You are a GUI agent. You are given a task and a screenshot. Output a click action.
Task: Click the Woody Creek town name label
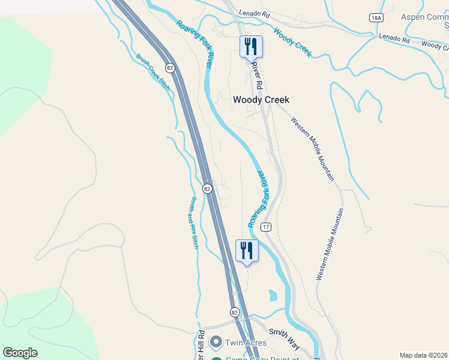(x=261, y=100)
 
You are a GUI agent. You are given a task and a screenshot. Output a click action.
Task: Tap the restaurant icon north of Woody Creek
(x=251, y=47)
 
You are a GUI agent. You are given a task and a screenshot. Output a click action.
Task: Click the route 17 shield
(x=266, y=227)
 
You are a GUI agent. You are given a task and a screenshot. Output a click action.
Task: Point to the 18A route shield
(x=376, y=18)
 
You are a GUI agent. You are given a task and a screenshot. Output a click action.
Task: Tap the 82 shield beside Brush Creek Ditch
(x=170, y=68)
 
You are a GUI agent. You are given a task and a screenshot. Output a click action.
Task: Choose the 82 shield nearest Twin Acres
(x=234, y=312)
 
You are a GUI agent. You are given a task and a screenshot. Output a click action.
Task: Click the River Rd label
(x=257, y=74)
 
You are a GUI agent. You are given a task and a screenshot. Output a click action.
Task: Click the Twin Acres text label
(x=246, y=343)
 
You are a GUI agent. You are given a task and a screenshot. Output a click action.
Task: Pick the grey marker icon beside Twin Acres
(x=216, y=343)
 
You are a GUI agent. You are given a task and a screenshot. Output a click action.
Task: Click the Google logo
(x=20, y=353)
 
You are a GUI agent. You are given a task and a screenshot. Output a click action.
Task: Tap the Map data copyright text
(x=423, y=355)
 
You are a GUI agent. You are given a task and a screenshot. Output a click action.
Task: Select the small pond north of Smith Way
(x=273, y=295)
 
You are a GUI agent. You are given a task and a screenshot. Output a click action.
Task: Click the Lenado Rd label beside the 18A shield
(x=393, y=39)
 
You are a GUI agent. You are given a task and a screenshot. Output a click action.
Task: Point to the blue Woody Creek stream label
(x=292, y=43)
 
